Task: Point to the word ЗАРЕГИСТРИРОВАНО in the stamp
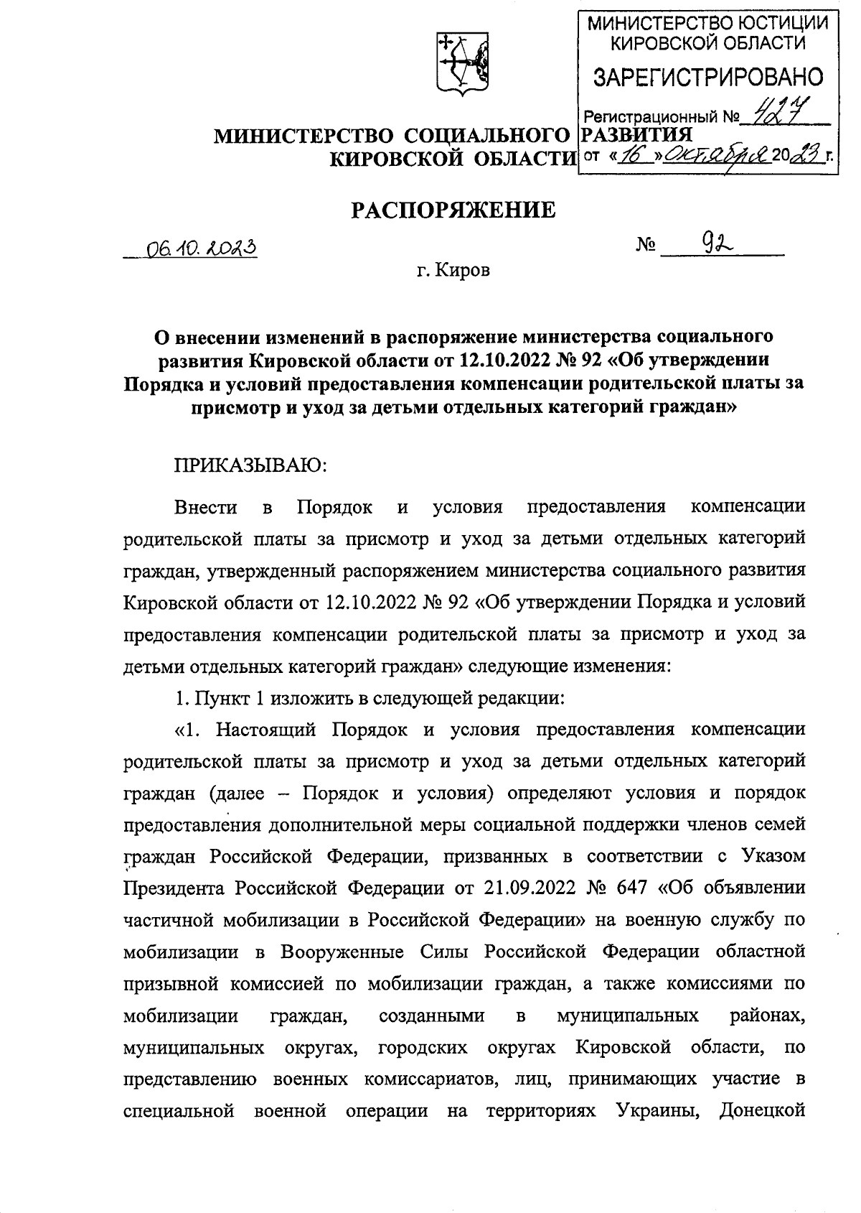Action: [x=707, y=77]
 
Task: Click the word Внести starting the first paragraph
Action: [x=206, y=507]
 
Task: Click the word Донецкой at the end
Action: [x=761, y=1110]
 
